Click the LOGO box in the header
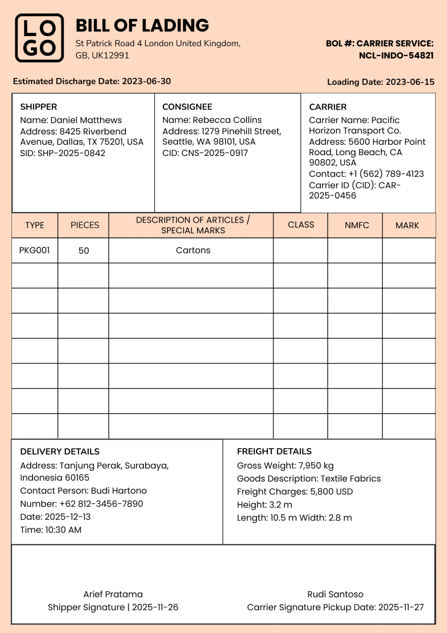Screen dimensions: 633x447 tap(39, 38)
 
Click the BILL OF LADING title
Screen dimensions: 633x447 tap(142, 26)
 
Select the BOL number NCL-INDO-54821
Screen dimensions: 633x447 tap(396, 56)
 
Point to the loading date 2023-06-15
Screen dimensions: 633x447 tap(410, 82)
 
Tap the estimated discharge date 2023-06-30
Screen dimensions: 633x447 tap(146, 81)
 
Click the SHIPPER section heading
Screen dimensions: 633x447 tap(38, 107)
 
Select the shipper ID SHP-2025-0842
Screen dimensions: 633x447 tap(71, 153)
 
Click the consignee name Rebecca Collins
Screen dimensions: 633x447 tap(227, 120)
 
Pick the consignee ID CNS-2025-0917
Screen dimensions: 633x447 tap(214, 153)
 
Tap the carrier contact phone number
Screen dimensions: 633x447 tap(386, 174)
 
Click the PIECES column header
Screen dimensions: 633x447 tap(85, 225)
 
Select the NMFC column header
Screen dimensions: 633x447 tap(356, 225)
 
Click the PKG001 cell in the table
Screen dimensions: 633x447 tap(34, 250)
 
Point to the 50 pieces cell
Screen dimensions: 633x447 tap(83, 251)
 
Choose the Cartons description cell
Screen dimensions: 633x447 tap(193, 250)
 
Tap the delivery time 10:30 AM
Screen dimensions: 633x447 tap(63, 530)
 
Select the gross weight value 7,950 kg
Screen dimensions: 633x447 tap(316, 466)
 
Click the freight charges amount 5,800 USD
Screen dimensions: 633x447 tap(331, 492)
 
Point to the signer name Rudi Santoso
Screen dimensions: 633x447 tap(335, 594)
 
